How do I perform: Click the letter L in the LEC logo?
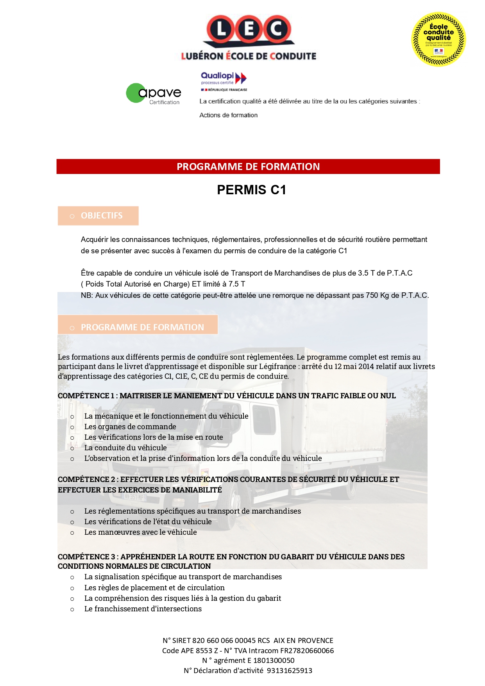(221, 29)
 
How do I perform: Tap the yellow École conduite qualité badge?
(438, 39)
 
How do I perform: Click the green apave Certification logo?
(154, 93)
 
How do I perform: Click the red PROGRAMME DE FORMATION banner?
(248, 167)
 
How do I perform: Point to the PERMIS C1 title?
(252, 190)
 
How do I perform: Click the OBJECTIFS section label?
(102, 216)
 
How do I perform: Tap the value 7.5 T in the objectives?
(237, 284)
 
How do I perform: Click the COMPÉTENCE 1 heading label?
(86, 396)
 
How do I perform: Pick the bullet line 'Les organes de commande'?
(130, 427)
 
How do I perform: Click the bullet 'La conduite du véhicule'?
(125, 448)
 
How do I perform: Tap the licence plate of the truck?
(135, 497)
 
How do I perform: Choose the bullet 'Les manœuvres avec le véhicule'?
(140, 532)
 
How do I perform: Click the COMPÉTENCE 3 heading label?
(86, 557)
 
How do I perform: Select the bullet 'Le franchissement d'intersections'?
(143, 609)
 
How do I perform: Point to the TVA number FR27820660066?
(307, 651)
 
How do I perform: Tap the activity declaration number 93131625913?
(290, 671)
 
